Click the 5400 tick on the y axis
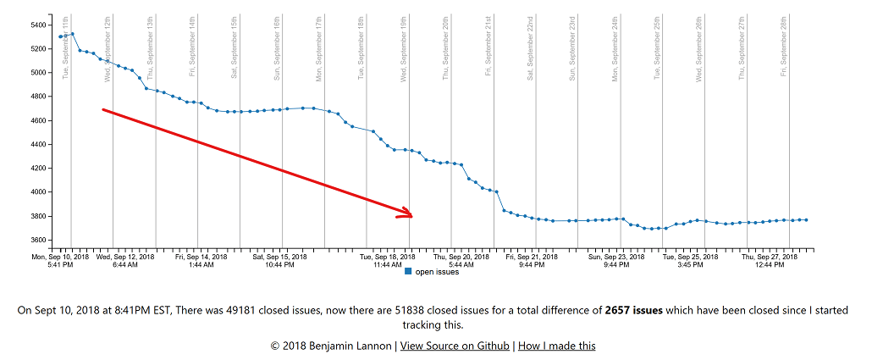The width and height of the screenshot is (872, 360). pyautogui.click(x=38, y=25)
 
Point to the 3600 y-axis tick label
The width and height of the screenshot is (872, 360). pyautogui.click(x=38, y=240)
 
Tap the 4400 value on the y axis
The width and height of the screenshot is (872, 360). pyautogui.click(x=38, y=144)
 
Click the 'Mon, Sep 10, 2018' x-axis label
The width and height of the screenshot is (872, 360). pyautogui.click(x=60, y=256)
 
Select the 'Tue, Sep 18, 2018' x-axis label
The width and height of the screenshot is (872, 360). pyautogui.click(x=387, y=256)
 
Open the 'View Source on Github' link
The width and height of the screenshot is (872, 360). pyautogui.click(x=455, y=346)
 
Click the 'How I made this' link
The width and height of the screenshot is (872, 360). pyautogui.click(x=556, y=346)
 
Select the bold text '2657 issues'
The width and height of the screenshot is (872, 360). pyautogui.click(x=633, y=311)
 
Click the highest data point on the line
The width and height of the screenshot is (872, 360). pyautogui.click(x=73, y=34)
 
